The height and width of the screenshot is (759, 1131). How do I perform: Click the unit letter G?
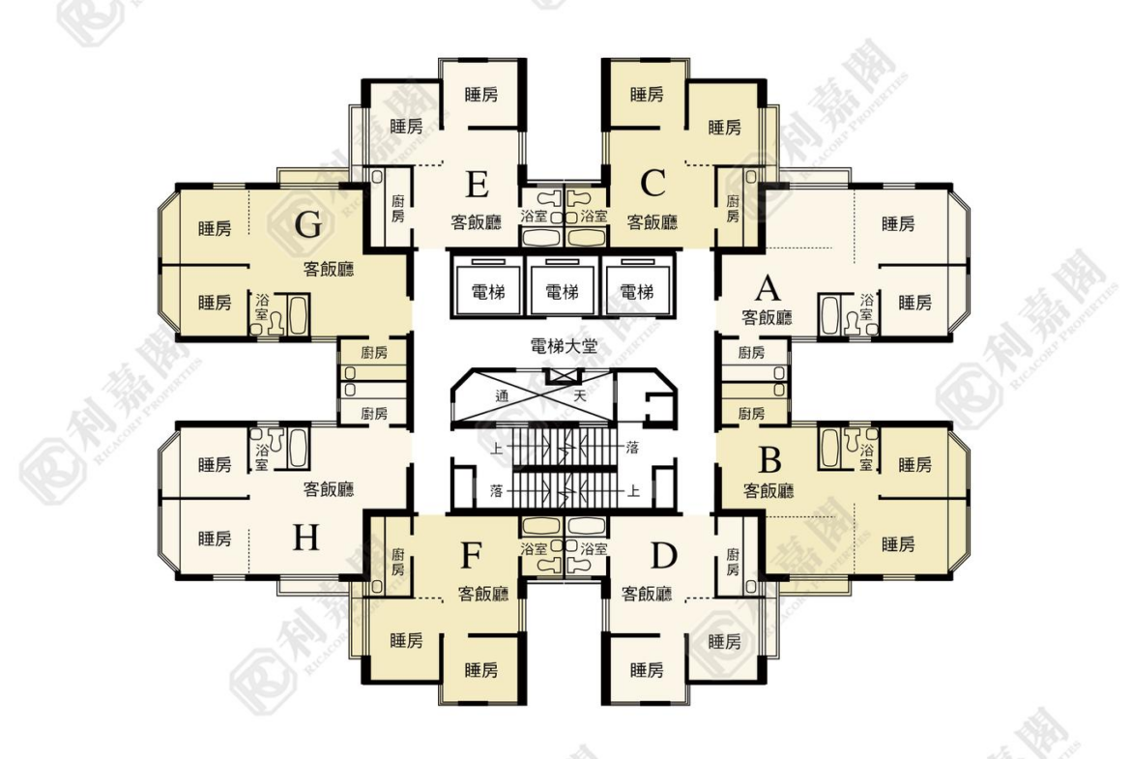308,226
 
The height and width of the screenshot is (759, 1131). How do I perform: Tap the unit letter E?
477,185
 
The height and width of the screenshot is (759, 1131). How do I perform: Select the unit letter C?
652,184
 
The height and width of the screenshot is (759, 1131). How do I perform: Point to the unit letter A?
768,288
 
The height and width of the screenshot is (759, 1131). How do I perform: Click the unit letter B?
770,459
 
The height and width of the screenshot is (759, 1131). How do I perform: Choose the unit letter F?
471,556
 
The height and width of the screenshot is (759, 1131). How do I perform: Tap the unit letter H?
305,538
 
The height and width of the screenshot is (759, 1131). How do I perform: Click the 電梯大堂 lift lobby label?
564,346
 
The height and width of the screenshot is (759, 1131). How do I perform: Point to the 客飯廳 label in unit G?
329,269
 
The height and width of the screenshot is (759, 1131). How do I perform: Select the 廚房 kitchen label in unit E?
397,209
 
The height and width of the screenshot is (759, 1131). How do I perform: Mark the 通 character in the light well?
502,395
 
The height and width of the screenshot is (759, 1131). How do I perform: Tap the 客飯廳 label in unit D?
647,593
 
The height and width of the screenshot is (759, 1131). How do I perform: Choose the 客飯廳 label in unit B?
768,490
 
